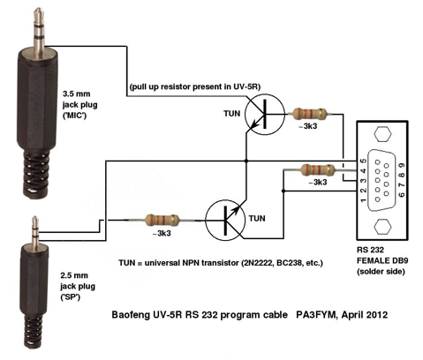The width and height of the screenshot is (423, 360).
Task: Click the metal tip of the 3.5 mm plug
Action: click(x=34, y=12)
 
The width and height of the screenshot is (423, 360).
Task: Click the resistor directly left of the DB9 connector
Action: click(x=317, y=169)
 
